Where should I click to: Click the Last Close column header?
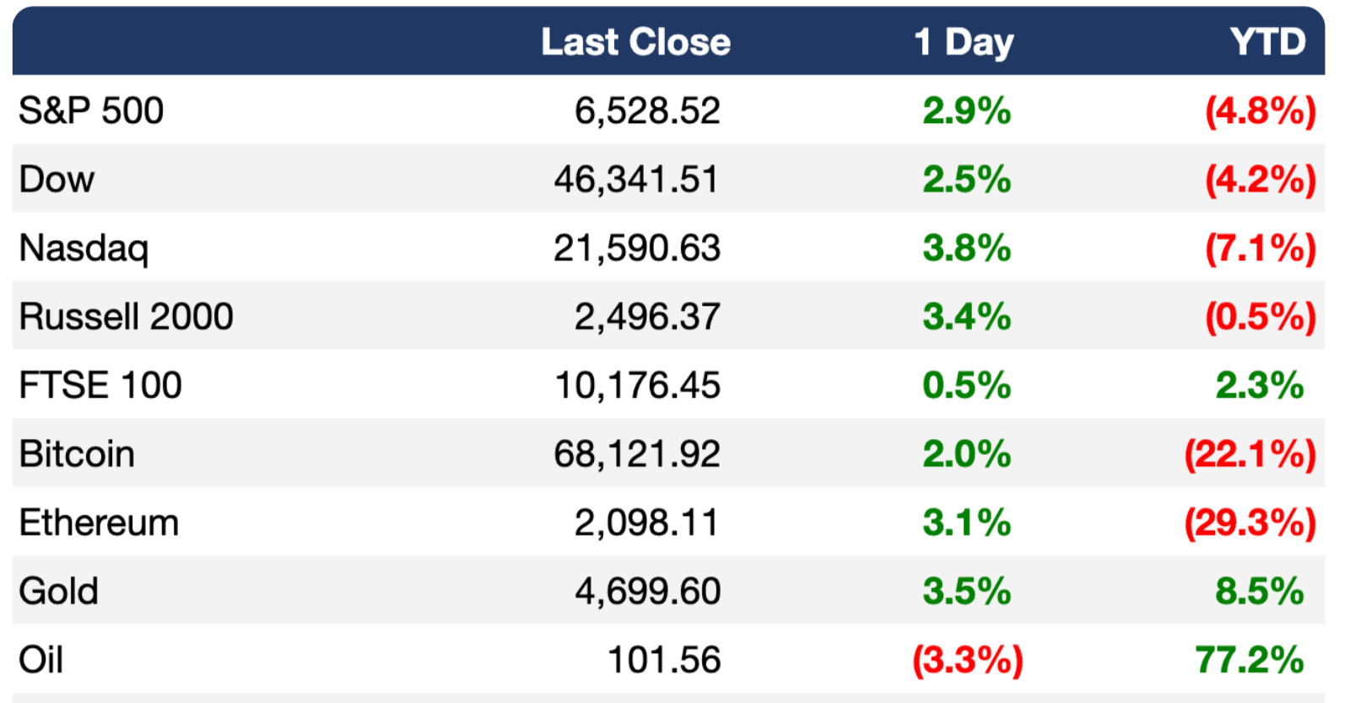(636, 42)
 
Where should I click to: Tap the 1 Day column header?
(964, 43)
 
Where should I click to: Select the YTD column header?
(1267, 42)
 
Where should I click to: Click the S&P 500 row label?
(91, 111)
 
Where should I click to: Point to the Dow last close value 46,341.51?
(636, 180)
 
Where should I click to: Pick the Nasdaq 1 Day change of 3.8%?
(967, 248)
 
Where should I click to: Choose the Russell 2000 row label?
(126, 316)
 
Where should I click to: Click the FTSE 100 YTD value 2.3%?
(1260, 384)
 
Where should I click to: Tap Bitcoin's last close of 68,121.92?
(636, 453)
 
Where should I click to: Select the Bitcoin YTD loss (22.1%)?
(1250, 454)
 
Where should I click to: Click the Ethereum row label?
(99, 522)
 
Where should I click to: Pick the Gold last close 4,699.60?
(647, 591)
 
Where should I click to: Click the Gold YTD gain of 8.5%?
(1260, 591)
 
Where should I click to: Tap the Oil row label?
(41, 659)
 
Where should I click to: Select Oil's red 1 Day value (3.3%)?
(967, 660)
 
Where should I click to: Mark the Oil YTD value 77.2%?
(1250, 659)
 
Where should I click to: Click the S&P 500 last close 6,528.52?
(647, 111)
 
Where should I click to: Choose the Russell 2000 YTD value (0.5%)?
(1261, 317)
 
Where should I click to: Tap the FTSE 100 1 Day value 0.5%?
(967, 384)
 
